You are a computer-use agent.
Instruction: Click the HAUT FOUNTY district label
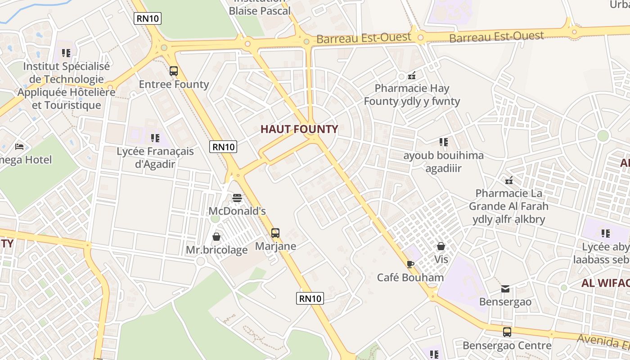(299, 129)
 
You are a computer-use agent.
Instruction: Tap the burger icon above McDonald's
(237, 198)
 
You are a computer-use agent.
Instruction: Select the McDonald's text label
(237, 211)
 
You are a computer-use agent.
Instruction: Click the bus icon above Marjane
(275, 233)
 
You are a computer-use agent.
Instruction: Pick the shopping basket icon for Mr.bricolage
(216, 237)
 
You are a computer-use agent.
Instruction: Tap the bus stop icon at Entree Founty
(174, 71)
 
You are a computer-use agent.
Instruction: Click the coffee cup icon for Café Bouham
(410, 264)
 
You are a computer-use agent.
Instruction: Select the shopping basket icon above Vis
(441, 246)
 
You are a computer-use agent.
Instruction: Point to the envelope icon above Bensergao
(505, 288)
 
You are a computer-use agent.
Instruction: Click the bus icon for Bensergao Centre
(507, 332)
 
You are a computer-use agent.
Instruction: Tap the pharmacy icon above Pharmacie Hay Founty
(411, 75)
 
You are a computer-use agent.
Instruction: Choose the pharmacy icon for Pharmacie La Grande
(509, 180)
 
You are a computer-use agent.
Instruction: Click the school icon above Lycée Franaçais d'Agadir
(155, 138)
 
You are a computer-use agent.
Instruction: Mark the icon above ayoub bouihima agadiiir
(444, 142)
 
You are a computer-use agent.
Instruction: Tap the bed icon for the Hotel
(19, 147)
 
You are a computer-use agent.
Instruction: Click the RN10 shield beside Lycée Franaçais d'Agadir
(223, 147)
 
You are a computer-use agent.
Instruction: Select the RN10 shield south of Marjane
(310, 298)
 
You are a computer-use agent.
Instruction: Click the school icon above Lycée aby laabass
(606, 234)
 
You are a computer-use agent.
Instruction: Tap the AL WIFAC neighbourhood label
(605, 283)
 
